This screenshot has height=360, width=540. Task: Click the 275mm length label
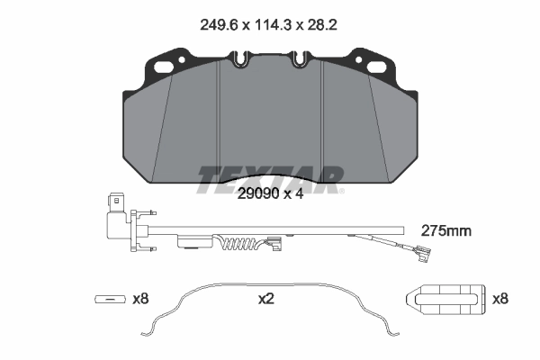tap(446, 231)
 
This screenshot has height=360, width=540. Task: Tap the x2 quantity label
tap(265, 298)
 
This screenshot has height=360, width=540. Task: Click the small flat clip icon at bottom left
tap(111, 299)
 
